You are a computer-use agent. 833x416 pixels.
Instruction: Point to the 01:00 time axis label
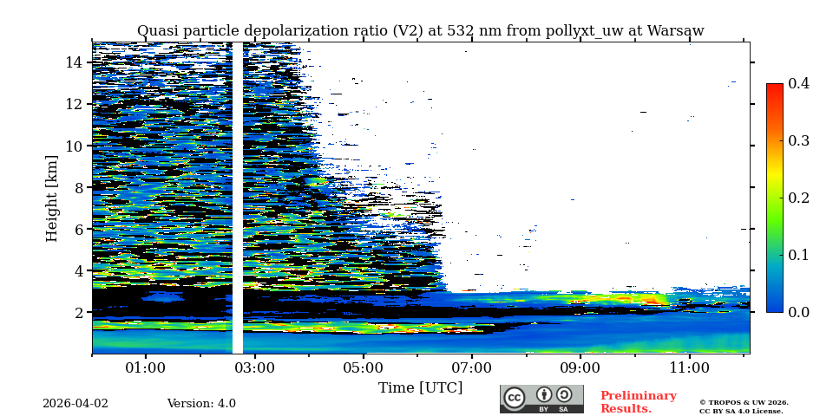point(145,367)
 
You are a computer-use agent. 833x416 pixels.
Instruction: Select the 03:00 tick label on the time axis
point(254,367)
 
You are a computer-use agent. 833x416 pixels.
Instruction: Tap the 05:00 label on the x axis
point(363,367)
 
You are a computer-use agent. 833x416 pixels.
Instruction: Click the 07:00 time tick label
point(472,367)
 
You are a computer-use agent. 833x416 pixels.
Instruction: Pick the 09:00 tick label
point(580,367)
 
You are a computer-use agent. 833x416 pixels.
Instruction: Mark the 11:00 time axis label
point(690,367)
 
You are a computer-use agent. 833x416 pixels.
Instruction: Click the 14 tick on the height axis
point(74,62)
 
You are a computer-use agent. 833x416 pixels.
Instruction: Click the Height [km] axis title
point(52,198)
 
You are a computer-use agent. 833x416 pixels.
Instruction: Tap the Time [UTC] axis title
point(420,387)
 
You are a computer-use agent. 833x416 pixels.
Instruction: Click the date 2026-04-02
point(75,404)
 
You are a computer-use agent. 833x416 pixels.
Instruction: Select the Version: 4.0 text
point(201,404)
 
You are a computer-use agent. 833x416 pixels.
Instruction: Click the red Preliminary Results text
point(638,402)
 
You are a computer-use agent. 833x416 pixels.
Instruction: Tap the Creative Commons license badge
point(541,399)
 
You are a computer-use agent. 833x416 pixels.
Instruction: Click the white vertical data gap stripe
point(237,198)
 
